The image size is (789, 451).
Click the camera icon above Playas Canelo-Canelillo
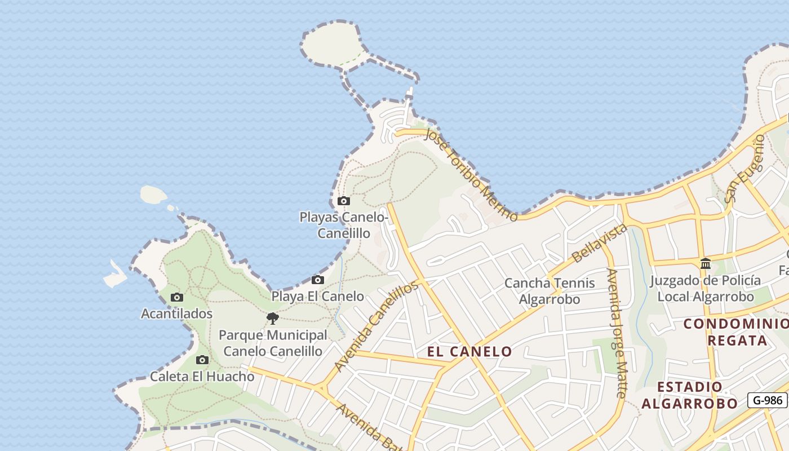click(343, 201)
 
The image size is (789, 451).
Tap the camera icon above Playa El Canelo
click(318, 280)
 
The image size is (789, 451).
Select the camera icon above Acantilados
click(177, 297)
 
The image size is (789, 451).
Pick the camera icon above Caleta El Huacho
click(202, 360)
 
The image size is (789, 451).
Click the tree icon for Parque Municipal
click(273, 319)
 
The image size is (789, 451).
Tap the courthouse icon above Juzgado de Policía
click(705, 263)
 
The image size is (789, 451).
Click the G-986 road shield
click(767, 400)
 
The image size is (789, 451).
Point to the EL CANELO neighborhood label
click(469, 352)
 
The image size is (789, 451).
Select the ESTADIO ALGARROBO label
click(689, 395)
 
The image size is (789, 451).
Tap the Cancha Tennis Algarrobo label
click(549, 291)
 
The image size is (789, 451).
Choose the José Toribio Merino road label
click(471, 174)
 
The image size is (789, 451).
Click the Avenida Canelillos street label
click(376, 325)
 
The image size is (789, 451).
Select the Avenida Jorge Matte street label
click(615, 333)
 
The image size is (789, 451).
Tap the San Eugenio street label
click(744, 169)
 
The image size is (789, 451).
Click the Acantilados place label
click(177, 313)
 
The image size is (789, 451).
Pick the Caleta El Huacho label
click(202, 376)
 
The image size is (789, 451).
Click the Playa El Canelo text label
click(318, 296)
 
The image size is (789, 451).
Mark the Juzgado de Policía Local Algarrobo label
click(705, 289)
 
